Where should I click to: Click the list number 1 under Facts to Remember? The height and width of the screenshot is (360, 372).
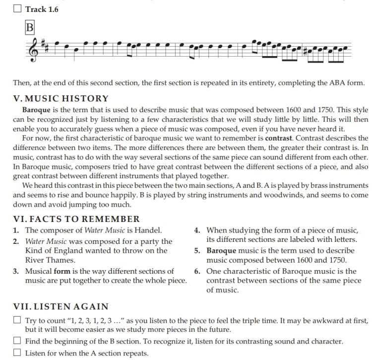tap(16, 230)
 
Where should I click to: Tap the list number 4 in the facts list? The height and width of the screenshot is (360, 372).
tap(197, 230)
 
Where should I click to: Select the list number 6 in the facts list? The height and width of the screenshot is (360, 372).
tap(197, 271)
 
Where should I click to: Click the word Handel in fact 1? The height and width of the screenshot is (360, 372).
tap(149, 230)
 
